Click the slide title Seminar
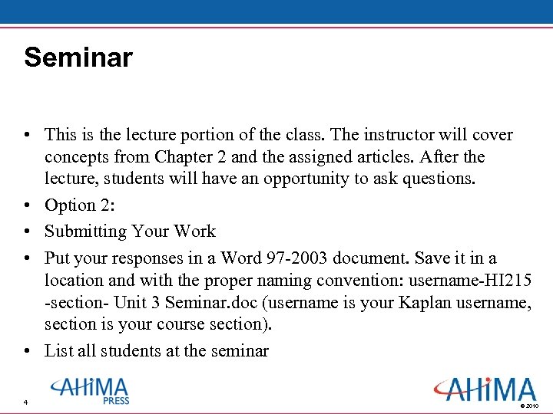point(78,58)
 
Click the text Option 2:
point(80,205)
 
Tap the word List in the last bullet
point(58,351)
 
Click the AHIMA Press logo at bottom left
point(90,390)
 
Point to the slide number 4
point(25,403)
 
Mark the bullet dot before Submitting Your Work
point(28,232)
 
